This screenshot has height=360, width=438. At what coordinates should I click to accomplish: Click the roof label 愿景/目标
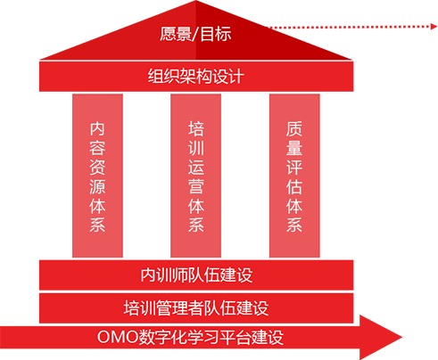(x=195, y=34)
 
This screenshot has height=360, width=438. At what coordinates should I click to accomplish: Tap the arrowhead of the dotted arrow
(x=434, y=27)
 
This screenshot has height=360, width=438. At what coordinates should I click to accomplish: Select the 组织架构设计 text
(x=196, y=77)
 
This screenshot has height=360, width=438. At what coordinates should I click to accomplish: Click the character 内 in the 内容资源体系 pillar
(x=97, y=128)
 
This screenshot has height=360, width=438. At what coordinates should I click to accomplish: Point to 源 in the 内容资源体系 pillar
(x=97, y=186)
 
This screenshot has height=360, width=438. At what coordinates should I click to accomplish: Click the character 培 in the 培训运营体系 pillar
(x=196, y=128)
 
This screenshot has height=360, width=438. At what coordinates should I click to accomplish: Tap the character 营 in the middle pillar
(x=196, y=186)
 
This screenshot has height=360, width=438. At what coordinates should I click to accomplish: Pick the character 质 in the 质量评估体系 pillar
(x=294, y=128)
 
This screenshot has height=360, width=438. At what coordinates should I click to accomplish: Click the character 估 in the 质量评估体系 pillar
(x=294, y=186)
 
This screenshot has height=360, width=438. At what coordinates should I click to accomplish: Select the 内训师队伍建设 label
(x=196, y=275)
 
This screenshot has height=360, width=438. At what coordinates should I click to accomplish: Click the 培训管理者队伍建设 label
(x=196, y=307)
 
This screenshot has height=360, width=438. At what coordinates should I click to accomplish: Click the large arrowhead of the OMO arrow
(x=381, y=338)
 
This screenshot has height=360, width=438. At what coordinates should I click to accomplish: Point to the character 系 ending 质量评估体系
(x=294, y=225)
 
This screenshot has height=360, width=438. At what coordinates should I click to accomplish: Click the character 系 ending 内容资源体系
(x=97, y=225)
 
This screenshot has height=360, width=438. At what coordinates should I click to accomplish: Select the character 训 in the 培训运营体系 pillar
(x=196, y=148)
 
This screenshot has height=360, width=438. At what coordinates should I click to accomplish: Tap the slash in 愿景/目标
(x=195, y=34)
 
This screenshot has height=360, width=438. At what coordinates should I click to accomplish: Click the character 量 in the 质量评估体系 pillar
(x=294, y=148)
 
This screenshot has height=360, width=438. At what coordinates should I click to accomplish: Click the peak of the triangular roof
(x=196, y=1)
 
